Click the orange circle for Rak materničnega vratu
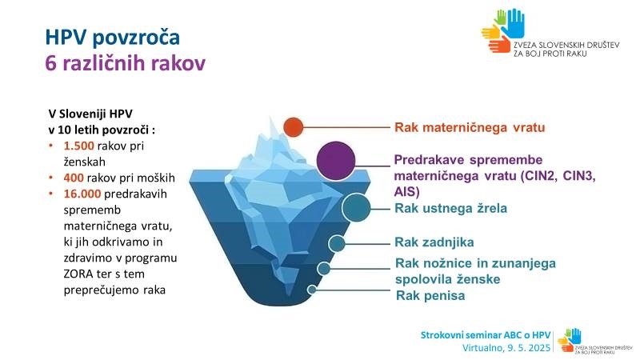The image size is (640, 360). coord(294,127)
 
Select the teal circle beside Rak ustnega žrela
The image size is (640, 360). coord(355,208)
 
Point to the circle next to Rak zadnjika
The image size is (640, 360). coord(338,243)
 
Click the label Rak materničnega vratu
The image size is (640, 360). coord(470,127)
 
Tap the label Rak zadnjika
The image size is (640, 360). coord(434,242)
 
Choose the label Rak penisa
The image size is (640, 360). coord(430,295)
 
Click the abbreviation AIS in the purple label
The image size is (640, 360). coord(406,192)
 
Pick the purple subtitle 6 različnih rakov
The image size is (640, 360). coord(125,65)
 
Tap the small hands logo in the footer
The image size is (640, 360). coord(569,337)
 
